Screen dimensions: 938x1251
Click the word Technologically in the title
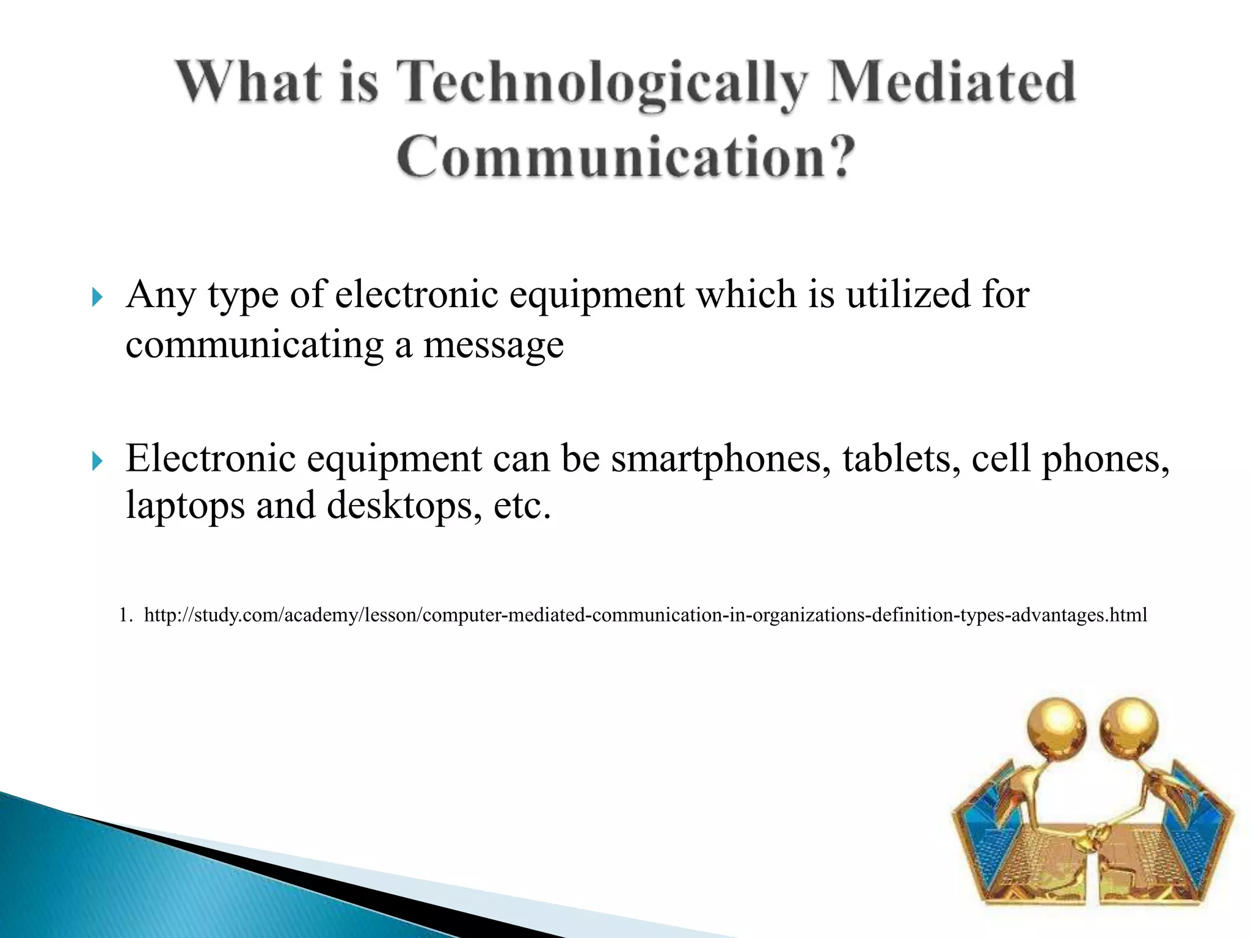pyautogui.click(x=602, y=82)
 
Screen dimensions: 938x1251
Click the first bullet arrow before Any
pyautogui.click(x=97, y=298)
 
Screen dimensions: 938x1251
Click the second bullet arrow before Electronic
pyautogui.click(x=97, y=461)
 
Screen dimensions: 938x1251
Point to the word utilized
pyautogui.click(x=908, y=294)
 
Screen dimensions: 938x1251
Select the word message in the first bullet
pyautogui.click(x=494, y=346)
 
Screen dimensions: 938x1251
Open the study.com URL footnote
pyautogui.click(x=645, y=614)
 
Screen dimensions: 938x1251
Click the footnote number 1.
pyautogui.click(x=125, y=614)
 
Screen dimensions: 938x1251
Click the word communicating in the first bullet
pyautogui.click(x=254, y=346)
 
